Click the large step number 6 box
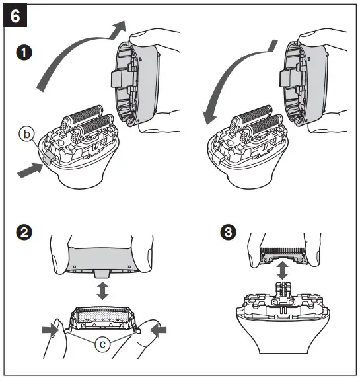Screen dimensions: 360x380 pyautogui.click(x=15, y=16)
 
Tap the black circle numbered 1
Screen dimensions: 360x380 pyautogui.click(x=24, y=53)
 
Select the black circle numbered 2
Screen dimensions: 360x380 pyautogui.click(x=24, y=232)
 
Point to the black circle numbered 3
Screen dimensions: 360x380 pyautogui.click(x=228, y=232)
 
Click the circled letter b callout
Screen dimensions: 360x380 pyautogui.click(x=26, y=134)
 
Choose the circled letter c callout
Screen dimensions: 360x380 pyautogui.click(x=102, y=344)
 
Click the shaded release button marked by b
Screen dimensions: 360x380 pyautogui.click(x=48, y=157)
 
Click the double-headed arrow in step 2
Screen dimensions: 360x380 pyautogui.click(x=102, y=290)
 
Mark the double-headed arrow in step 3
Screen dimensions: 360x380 pyautogui.click(x=282, y=270)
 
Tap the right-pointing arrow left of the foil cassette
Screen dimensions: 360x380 pyautogui.click(x=50, y=330)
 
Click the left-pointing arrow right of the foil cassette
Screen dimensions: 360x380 pyautogui.click(x=159, y=330)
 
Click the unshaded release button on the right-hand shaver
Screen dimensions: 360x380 pyautogui.click(x=217, y=157)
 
